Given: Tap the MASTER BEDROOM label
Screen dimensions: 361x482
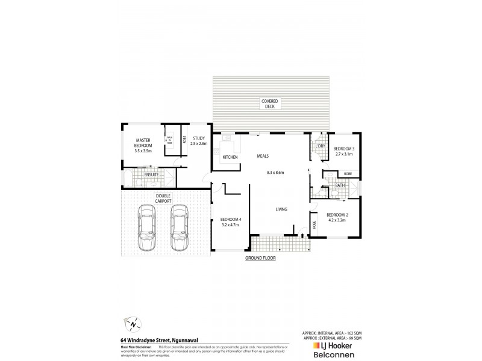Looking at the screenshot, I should (143, 143).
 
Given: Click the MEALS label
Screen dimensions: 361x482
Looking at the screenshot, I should (262, 155).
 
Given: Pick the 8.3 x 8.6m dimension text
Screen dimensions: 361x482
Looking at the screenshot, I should (275, 172).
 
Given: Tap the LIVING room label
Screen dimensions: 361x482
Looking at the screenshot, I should (281, 209).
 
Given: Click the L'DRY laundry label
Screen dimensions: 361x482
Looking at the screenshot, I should (320, 146).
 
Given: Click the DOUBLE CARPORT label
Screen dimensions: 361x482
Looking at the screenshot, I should (163, 198).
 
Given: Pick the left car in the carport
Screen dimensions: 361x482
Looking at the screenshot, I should (146, 227).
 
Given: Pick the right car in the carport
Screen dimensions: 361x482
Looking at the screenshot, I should (179, 227).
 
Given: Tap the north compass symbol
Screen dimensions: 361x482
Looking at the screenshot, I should (131, 324).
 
